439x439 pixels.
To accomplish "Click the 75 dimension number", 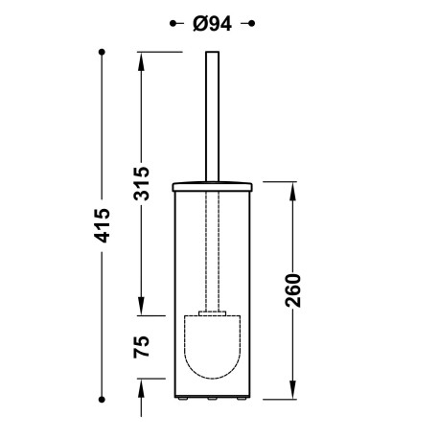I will [x=142, y=346].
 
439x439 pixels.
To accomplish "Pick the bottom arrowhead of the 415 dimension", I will [x=103, y=394].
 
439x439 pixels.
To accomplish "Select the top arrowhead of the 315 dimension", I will [x=142, y=57].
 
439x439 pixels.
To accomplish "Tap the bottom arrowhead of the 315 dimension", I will [x=142, y=308].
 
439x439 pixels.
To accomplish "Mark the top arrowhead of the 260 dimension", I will [x=291, y=187].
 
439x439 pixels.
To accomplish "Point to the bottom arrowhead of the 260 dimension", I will [x=291, y=393].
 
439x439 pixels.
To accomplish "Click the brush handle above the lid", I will [x=210, y=115].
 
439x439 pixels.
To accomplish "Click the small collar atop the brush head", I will [x=210, y=312].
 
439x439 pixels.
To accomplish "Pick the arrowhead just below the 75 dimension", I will [x=142, y=383].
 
